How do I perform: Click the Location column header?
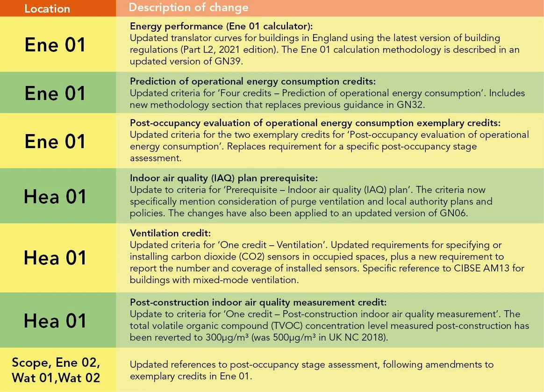click(x=47, y=8)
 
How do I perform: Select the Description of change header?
click(x=189, y=8)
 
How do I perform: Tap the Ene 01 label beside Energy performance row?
click(x=55, y=45)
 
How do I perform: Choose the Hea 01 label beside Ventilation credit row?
click(x=55, y=258)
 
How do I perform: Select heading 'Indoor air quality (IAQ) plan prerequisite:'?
click(x=224, y=179)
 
